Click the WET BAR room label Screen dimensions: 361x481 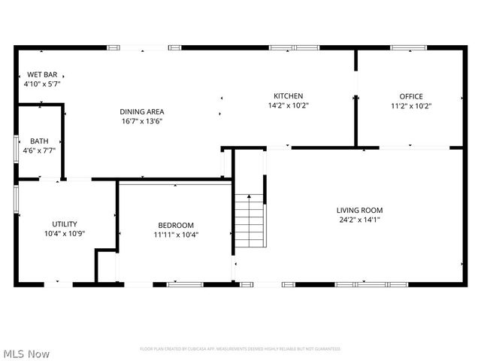pos(42,74)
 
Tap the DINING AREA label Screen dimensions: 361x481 pos(141,111)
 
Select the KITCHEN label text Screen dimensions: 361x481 pos(288,96)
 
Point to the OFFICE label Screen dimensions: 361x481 pos(410,96)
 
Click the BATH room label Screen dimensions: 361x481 pos(38,141)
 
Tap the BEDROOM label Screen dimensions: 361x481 pos(176,225)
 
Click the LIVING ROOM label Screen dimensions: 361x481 pos(360,211)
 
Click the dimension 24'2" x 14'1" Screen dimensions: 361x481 pos(360,220)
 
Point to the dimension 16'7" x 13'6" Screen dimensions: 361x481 pos(141,121)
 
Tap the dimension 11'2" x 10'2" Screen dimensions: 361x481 pos(410,106)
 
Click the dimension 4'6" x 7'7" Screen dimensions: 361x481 pos(38,150)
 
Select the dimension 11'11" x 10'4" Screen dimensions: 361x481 pos(176,235)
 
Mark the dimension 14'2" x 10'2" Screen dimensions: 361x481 pos(288,105)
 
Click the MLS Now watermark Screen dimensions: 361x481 pos(26,353)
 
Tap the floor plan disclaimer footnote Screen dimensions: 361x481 pos(240,349)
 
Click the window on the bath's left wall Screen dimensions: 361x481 pos(17,147)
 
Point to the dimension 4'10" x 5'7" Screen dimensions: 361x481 pos(42,84)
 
